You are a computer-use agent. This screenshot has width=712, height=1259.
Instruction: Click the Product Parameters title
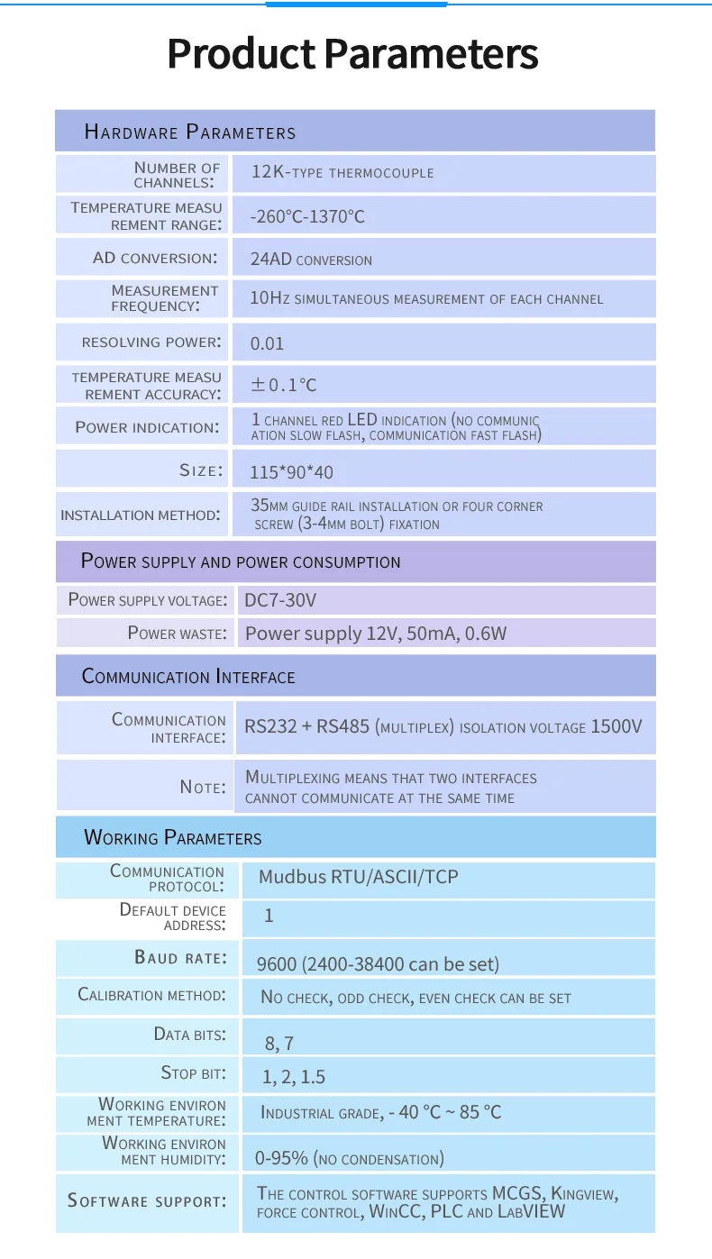pyautogui.click(x=352, y=54)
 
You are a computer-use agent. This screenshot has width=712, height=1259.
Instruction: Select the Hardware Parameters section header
pyautogui.click(x=190, y=132)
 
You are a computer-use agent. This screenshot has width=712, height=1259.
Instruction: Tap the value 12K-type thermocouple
pyautogui.click(x=342, y=172)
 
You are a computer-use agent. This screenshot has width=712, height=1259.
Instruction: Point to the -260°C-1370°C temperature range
pyautogui.click(x=307, y=217)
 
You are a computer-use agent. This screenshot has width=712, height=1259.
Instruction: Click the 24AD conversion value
pyautogui.click(x=311, y=260)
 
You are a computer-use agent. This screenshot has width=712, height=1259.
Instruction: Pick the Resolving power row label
pyautogui.click(x=151, y=342)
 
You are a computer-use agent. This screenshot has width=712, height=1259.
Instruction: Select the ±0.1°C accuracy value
pyautogui.click(x=284, y=385)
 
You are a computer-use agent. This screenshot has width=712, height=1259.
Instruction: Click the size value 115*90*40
pyautogui.click(x=291, y=471)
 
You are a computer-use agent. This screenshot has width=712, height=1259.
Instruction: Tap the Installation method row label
pyautogui.click(x=140, y=515)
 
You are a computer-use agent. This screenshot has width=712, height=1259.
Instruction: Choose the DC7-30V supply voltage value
pyautogui.click(x=280, y=600)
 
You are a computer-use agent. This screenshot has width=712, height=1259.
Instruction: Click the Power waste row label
pyautogui.click(x=177, y=634)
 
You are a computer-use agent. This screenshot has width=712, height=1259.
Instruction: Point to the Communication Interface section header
pyautogui.click(x=188, y=677)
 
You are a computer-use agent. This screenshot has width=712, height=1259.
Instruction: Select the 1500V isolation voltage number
pyautogui.click(x=616, y=726)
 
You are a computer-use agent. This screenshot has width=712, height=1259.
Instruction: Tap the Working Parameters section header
pyautogui.click(x=173, y=838)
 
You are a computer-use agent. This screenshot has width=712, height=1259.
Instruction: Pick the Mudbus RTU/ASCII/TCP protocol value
pyautogui.click(x=359, y=877)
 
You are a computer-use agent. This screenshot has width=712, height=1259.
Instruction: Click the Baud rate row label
pyautogui.click(x=180, y=958)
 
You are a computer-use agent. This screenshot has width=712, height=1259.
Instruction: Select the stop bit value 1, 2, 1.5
pyautogui.click(x=294, y=1077)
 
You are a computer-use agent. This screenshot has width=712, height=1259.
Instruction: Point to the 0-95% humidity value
pyautogui.click(x=281, y=1158)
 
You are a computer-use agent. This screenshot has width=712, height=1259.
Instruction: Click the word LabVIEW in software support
pyautogui.click(x=532, y=1212)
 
